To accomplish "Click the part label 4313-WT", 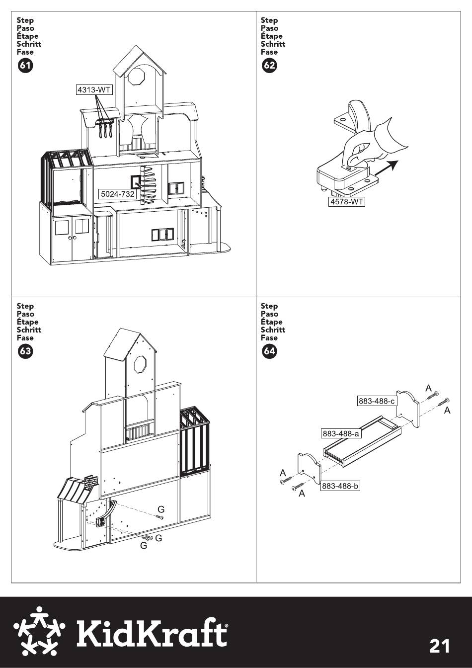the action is coord(94,90).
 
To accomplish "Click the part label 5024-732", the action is coord(118,194).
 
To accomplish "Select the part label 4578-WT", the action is coord(347,202).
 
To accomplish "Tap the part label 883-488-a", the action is coord(341,433).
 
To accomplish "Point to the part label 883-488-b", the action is coord(340,486).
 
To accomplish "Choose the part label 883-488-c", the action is coord(377,401).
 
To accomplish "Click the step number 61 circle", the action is coord(25,65).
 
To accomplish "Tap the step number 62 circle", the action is coord(269,65).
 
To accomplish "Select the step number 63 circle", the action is coord(25,351).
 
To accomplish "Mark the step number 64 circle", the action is coord(269,351).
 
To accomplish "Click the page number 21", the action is coord(440,647).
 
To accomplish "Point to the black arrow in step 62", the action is coord(386,168).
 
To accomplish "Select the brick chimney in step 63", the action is coord(89,483).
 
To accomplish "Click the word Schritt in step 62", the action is coord(273,44).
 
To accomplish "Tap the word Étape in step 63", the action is coord(27,322).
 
